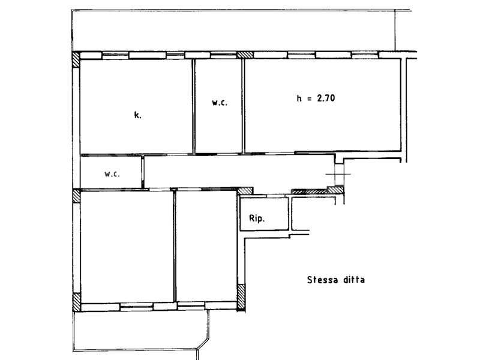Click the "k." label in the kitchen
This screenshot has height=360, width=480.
point(138,115)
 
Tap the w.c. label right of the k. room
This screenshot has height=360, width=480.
point(220,103)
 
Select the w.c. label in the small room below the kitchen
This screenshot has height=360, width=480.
point(112,174)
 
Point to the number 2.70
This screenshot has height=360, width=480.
point(326,98)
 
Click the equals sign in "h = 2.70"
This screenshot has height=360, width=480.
point(309,98)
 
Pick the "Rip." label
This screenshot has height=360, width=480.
point(257,218)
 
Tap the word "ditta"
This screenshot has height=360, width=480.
point(354,280)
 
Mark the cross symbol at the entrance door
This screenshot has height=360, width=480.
point(338,174)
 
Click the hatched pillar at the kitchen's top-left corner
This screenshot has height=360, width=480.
point(76,59)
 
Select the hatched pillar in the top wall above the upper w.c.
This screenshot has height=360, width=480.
point(245,55)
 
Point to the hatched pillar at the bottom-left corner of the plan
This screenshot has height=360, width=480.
point(77,302)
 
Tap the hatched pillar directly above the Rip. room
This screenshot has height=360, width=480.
point(245,191)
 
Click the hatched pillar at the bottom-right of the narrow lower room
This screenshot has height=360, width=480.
point(241,297)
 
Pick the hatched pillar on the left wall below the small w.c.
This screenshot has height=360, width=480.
point(76,196)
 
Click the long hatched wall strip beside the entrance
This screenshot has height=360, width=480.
point(309,191)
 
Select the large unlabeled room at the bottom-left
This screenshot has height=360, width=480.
point(127,246)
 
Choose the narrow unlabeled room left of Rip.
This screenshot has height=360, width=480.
point(206,246)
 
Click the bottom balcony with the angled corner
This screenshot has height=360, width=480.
point(141,331)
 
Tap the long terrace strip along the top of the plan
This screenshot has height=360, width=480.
point(233,31)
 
